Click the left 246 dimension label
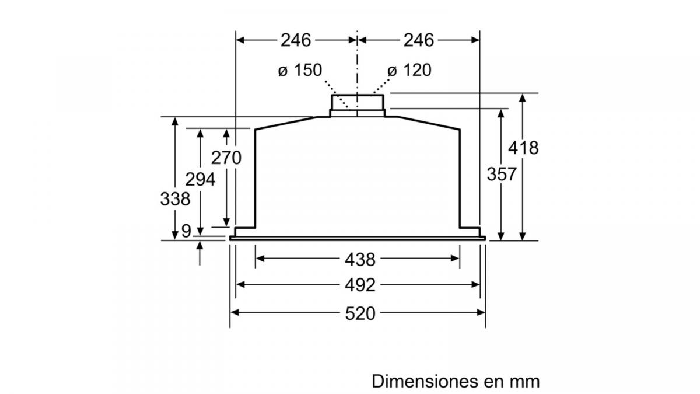296,40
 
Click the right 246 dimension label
419,40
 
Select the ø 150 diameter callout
300,71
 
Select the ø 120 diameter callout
409,71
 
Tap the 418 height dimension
523,148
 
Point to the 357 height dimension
501,174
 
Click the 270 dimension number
226,158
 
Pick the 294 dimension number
200,179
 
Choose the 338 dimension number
175,198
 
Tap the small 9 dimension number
185,232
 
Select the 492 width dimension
359,285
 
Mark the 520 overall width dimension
359,313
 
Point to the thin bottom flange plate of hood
358,238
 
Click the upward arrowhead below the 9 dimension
200,246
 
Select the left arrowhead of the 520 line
235,313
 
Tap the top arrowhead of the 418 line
523,98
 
